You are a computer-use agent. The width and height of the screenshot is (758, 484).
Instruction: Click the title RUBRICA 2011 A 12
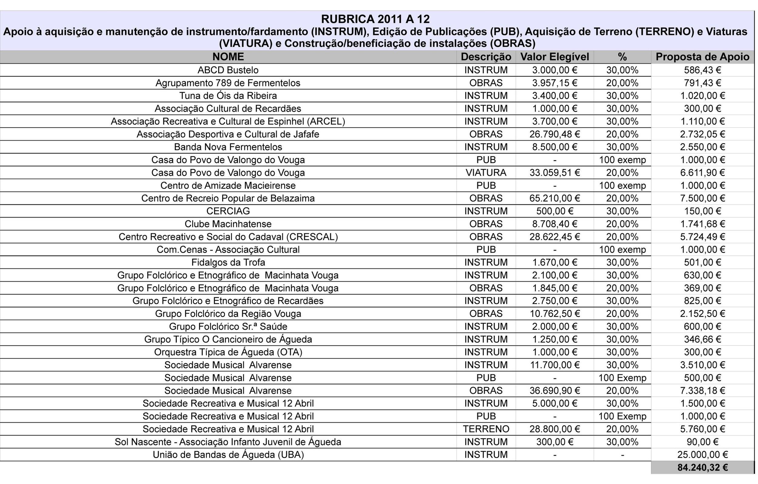tap(375, 19)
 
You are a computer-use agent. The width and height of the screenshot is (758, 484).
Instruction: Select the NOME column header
tap(228, 57)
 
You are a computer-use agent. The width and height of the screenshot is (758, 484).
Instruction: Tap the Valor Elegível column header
tap(554, 57)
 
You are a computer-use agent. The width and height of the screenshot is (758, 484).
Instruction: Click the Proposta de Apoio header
tap(702, 57)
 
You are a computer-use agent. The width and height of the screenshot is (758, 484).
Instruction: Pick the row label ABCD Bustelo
tap(228, 70)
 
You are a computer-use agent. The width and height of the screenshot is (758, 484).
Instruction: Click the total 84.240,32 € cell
tap(702, 467)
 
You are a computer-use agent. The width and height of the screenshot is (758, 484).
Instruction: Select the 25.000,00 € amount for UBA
tap(702, 454)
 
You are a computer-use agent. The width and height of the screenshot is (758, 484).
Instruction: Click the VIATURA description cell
tap(486, 172)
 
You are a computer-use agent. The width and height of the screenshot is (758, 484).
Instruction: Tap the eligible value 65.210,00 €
tap(554, 198)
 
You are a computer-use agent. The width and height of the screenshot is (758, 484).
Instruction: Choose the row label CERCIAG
tap(228, 211)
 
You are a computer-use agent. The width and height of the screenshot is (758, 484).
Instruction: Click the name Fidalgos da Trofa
tap(228, 262)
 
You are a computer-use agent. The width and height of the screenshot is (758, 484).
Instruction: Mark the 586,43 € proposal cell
tap(702, 70)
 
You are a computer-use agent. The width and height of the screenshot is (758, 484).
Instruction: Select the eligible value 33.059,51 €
tap(554, 172)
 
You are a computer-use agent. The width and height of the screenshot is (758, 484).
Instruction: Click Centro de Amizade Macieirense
tap(228, 185)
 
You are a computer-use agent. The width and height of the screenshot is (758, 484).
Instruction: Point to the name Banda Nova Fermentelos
tap(228, 147)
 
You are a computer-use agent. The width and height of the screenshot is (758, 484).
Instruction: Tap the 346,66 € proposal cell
tap(702, 339)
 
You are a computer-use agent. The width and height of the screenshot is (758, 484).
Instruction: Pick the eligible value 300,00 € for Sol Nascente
tap(554, 442)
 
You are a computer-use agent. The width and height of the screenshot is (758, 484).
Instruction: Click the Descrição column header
tap(486, 57)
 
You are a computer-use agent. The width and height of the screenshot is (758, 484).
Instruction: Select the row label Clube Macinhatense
tap(228, 224)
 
